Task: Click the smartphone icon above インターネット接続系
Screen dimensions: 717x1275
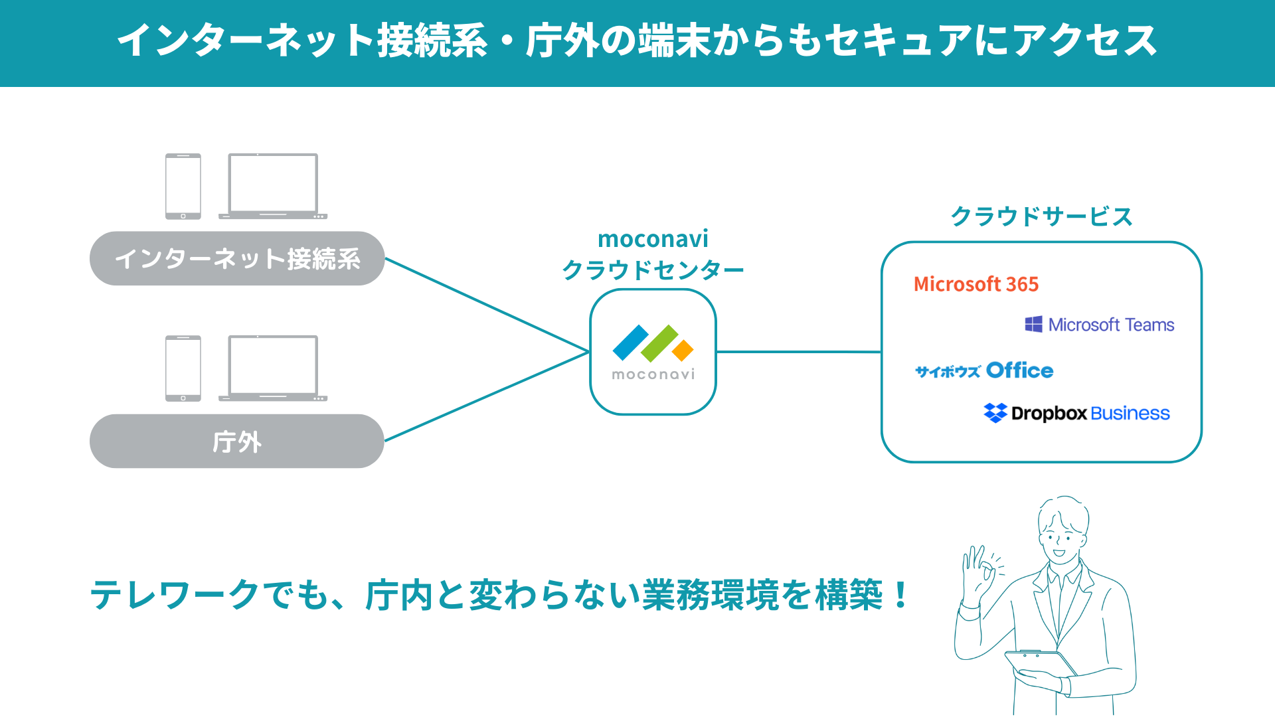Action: (183, 187)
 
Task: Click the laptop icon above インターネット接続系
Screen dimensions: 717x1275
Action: (273, 187)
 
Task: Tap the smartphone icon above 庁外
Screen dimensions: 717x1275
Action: (183, 368)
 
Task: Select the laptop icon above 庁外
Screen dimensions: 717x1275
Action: (273, 368)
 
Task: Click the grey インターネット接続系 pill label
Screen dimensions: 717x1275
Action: (237, 258)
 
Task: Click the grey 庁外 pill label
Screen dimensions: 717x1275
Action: (237, 441)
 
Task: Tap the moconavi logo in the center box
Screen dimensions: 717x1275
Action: (653, 353)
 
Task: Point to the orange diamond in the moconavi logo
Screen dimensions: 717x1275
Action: (683, 350)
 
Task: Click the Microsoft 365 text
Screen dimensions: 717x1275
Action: (976, 284)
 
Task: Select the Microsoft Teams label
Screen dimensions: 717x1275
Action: (1111, 325)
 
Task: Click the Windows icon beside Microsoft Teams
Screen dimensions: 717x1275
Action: (1033, 324)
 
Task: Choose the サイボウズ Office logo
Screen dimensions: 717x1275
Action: (984, 370)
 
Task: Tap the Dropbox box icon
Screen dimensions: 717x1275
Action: (995, 413)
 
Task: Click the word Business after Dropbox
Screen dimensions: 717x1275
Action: (1130, 414)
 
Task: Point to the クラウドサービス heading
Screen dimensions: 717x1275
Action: (1041, 216)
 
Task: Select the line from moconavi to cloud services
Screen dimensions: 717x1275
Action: (799, 352)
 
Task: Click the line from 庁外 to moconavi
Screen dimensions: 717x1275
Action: (487, 396)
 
